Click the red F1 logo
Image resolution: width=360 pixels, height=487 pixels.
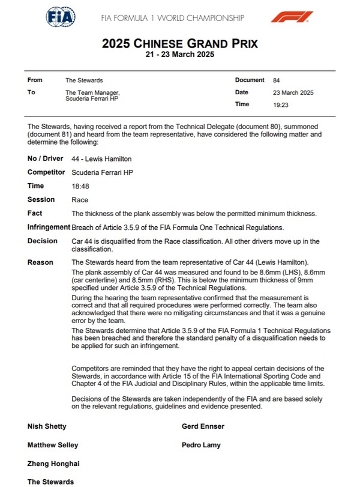(292, 17)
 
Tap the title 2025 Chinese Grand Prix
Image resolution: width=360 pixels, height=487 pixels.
(179, 43)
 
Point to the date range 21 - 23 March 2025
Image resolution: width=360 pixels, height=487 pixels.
(179, 54)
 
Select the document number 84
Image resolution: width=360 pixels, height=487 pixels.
(276, 80)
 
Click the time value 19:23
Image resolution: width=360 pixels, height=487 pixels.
(280, 104)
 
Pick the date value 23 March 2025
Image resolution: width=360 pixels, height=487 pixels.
(293, 92)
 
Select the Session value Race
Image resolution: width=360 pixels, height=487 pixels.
(79, 200)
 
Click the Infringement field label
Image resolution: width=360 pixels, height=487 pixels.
(49, 228)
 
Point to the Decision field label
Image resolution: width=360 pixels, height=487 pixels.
(43, 241)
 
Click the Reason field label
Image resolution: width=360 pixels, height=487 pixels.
(40, 262)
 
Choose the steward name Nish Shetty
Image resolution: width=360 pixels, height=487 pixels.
(47, 426)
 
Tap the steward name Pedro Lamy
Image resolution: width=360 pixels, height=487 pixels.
(201, 445)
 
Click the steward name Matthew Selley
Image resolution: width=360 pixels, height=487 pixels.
(53, 445)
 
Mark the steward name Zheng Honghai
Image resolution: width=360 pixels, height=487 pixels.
(53, 464)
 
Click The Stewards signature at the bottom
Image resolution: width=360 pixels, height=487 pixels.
(50, 482)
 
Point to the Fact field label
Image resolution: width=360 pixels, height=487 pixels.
(35, 213)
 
